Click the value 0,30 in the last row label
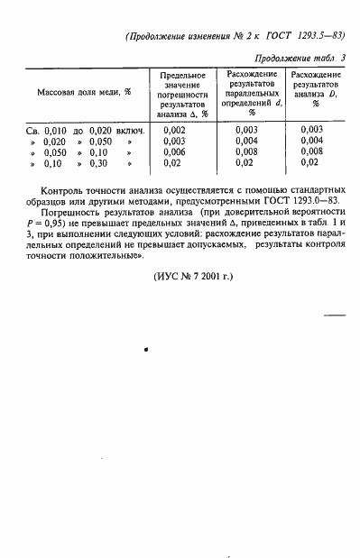coord(98,164)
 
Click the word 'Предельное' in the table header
coord(181,74)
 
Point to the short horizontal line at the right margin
coord(334,316)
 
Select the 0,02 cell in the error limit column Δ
coord(175,164)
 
